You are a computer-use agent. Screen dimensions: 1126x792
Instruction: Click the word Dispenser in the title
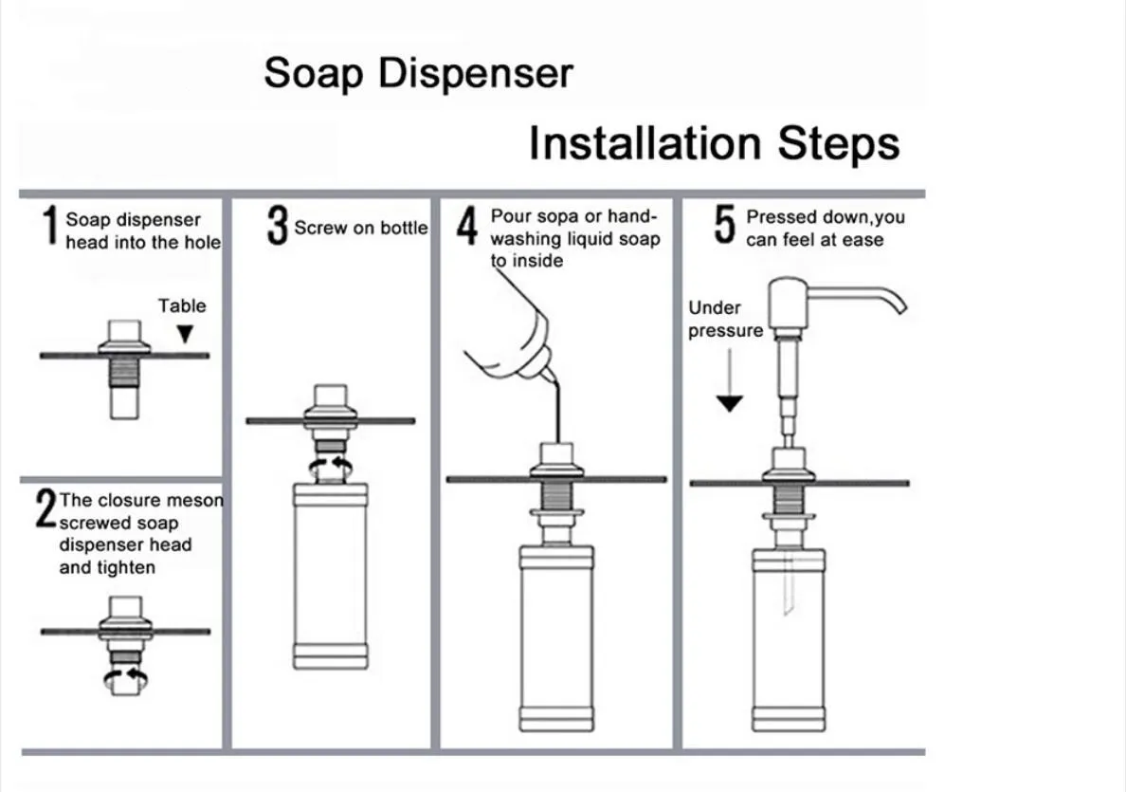pyautogui.click(x=476, y=73)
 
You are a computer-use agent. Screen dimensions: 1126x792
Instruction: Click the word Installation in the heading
pyautogui.click(x=645, y=143)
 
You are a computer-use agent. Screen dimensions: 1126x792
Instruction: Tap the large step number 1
pyautogui.click(x=49, y=226)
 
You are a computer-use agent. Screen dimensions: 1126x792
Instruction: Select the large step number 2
pyautogui.click(x=45, y=508)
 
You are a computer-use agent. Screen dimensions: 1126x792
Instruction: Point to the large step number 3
pyautogui.click(x=277, y=226)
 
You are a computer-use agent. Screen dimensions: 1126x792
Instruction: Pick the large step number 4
pyautogui.click(x=466, y=226)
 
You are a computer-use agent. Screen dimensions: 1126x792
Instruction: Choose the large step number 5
pyautogui.click(x=724, y=224)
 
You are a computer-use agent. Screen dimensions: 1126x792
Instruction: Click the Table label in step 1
pyautogui.click(x=182, y=306)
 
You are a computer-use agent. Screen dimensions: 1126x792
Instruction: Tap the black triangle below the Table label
pyautogui.click(x=185, y=334)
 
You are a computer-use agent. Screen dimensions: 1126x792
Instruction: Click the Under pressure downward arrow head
pyautogui.click(x=730, y=403)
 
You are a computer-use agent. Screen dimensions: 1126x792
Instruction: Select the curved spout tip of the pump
pyautogui.click(x=899, y=305)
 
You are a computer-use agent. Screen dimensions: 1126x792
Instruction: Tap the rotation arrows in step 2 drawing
pyautogui.click(x=126, y=677)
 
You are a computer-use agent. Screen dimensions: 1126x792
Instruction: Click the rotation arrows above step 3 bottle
pyautogui.click(x=331, y=469)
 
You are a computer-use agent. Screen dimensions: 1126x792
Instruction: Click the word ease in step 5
pyautogui.click(x=863, y=241)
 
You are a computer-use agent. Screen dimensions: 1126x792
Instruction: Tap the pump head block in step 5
pyautogui.click(x=789, y=304)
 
